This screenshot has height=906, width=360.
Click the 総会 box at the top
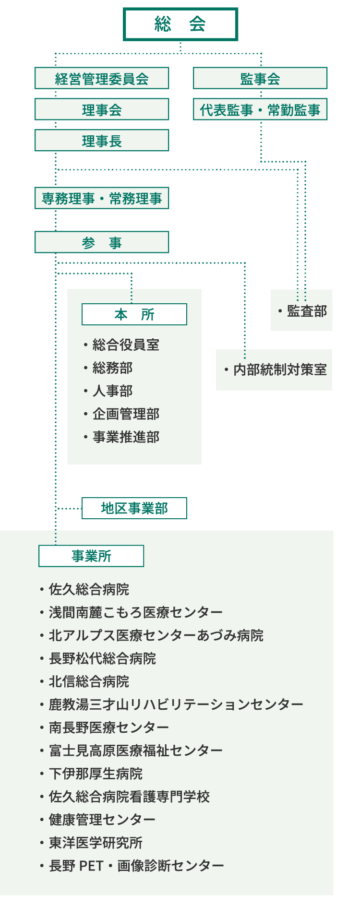point(180,24)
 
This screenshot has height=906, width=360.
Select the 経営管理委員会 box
point(102,78)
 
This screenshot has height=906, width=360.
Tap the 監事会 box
point(260,78)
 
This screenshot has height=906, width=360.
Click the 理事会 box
point(102,109)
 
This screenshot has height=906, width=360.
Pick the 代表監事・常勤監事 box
point(260,109)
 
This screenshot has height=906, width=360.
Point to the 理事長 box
point(102,141)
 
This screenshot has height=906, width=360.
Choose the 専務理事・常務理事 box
point(102,198)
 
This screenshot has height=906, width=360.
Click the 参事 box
point(102,242)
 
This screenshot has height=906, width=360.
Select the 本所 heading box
point(134,314)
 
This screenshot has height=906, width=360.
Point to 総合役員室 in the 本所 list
point(126,345)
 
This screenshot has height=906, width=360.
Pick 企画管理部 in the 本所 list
point(126,414)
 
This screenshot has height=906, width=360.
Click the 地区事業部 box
point(134,508)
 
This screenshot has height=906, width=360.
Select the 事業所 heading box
point(91,556)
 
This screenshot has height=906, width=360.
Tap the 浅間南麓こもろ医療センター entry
point(136,612)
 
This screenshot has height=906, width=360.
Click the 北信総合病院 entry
point(89,681)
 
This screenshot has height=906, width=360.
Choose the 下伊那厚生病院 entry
point(96,774)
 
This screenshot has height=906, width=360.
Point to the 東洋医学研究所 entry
point(96,843)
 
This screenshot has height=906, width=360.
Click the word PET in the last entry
point(91,866)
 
